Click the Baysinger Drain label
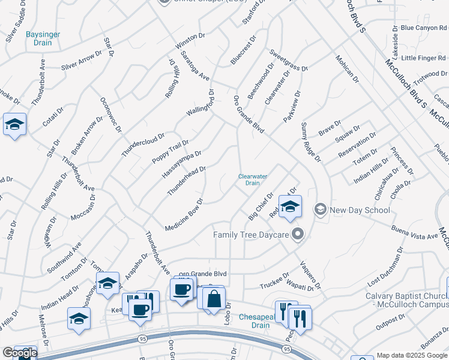43,39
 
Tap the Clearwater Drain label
253,179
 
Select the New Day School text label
360,210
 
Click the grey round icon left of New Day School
321,209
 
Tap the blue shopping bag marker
213,298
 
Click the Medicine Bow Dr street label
184,209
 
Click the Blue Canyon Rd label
424,28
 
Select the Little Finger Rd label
424,58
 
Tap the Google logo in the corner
20,353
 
